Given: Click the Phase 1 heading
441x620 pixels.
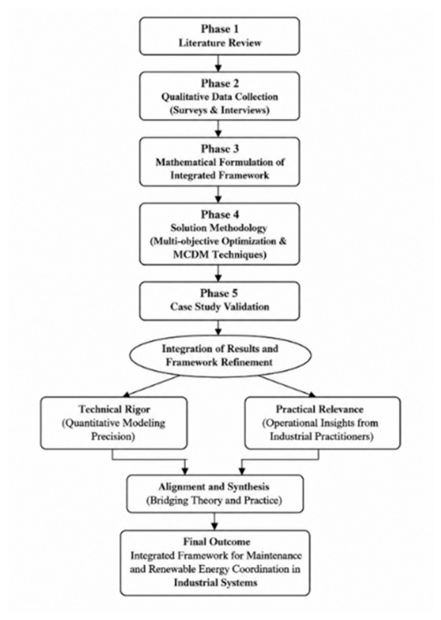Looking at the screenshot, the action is coord(219,29).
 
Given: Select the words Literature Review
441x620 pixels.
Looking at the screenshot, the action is coord(219,42).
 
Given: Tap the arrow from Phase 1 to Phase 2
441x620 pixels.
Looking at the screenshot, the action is coord(218,64).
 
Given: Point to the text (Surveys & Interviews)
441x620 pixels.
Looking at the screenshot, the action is coord(219,110).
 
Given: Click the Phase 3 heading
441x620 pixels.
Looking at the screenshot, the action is coord(219,148).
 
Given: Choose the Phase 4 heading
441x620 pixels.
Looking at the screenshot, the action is coord(219,215).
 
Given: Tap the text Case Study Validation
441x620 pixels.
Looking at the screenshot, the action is coord(219,306).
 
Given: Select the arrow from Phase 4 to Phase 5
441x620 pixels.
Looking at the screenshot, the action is coord(218,273).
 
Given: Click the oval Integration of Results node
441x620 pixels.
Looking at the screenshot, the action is coord(219,355).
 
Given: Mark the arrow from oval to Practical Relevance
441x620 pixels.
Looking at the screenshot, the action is coord(287,386).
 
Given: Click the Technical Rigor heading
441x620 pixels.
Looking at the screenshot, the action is coord(114,409).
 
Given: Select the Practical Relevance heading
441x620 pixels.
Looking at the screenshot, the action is coord(320,409).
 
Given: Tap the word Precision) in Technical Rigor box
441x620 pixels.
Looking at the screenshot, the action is coord(114,436).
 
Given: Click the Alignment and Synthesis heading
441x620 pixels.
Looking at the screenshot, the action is coord(214,487).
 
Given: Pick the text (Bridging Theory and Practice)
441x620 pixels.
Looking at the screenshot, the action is coord(214,501).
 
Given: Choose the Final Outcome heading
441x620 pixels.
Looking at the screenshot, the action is coord(217,541).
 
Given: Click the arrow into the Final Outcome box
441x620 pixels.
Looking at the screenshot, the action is coord(214,522).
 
